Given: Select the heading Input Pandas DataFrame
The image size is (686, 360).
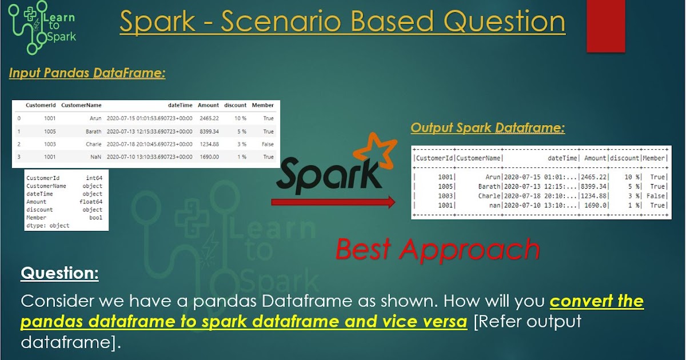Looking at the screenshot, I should (87, 73).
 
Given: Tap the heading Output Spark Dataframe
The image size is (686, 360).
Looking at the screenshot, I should (488, 128).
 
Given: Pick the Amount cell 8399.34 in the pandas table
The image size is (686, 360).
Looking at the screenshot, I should (208, 131).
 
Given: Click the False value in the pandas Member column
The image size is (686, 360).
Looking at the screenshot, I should (267, 144).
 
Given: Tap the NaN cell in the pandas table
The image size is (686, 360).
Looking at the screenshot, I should (95, 157).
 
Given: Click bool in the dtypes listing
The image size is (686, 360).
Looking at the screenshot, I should (95, 218).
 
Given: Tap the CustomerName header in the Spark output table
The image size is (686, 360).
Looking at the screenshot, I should (478, 158).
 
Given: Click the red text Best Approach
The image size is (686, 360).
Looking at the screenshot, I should (437, 249).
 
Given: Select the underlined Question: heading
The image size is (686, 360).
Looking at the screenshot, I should (59, 274).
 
